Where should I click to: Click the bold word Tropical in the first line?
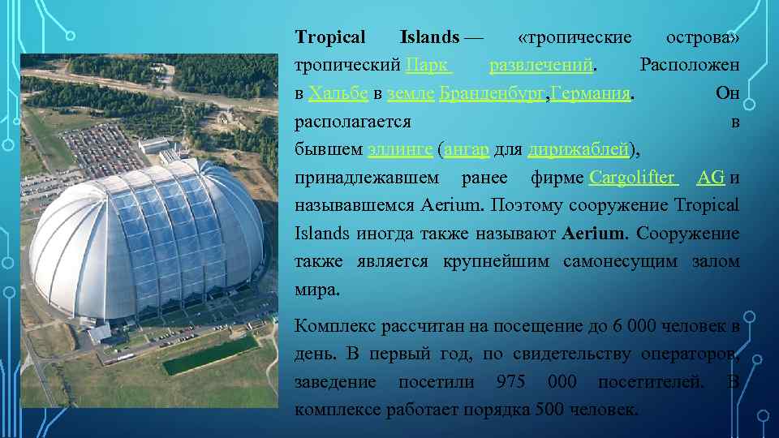tap(330, 37)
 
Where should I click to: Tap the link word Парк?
tap(428, 64)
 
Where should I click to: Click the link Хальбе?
tap(338, 93)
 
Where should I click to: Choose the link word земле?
tap(411, 93)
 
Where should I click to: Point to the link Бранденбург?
tap(492, 93)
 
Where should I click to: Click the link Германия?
tap(590, 93)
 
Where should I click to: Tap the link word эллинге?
tap(399, 150)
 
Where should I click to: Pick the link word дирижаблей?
tap(578, 150)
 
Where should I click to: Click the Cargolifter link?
tap(632, 178)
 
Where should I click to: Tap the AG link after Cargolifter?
tap(711, 178)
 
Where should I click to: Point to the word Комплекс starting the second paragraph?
tap(333, 327)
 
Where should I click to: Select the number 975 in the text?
tap(511, 382)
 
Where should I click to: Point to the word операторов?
tap(693, 354)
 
